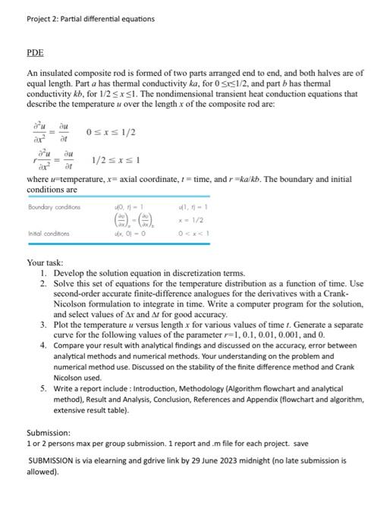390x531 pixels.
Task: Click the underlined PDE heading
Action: (35, 52)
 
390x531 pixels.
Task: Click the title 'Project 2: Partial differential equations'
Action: (90, 18)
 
